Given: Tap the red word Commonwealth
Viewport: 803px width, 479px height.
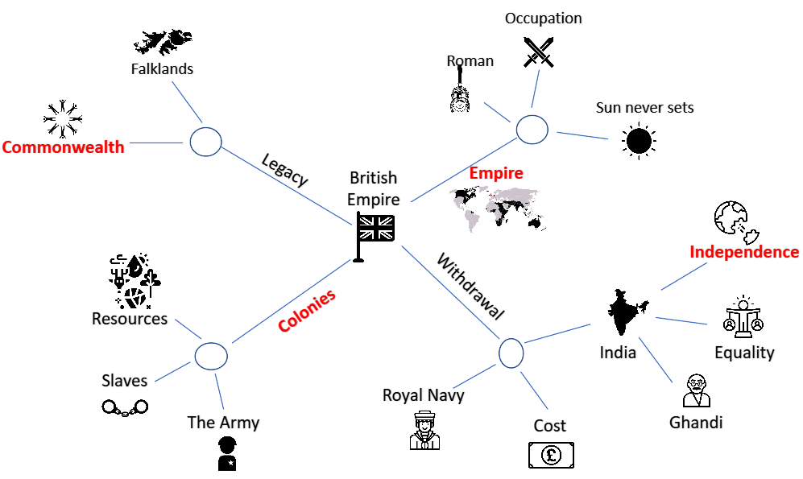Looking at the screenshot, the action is click(x=63, y=147).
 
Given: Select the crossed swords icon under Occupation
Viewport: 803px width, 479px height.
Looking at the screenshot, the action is click(x=538, y=52).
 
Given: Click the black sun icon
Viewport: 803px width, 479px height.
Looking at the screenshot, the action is click(x=639, y=141).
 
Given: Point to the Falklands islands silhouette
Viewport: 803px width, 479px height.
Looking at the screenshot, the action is click(x=163, y=42).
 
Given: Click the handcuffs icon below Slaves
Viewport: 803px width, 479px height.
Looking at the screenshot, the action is click(x=125, y=407).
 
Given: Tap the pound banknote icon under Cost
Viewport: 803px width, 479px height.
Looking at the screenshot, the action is click(x=551, y=455).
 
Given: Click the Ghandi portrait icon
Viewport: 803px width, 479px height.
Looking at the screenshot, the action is click(x=697, y=390).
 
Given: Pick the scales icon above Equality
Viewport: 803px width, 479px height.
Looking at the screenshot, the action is click(x=743, y=316).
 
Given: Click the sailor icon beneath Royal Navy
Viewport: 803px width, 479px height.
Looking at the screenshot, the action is click(x=424, y=432).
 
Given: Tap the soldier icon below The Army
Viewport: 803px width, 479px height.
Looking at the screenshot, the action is click(x=227, y=453).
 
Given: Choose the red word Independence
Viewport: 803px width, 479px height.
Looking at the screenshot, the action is click(x=744, y=252).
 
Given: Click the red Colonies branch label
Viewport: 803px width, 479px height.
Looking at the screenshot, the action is click(x=307, y=310).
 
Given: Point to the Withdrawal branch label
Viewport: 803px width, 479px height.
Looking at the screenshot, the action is click(x=470, y=286).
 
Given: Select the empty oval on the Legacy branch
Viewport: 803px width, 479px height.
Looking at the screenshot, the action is click(x=206, y=142).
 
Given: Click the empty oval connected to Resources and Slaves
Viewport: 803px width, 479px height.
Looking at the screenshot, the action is click(x=211, y=356).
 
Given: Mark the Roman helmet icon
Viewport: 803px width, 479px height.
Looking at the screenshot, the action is click(x=460, y=93).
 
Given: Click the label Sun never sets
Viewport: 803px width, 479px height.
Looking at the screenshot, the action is click(x=645, y=107).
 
